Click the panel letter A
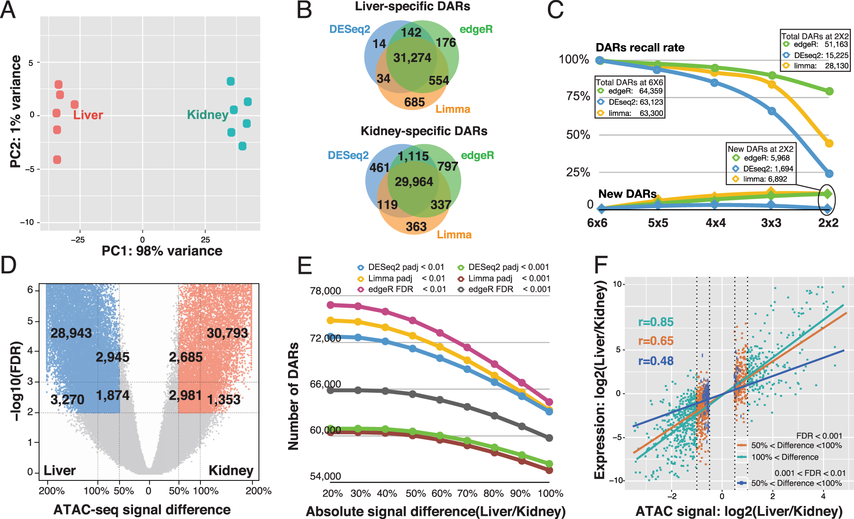[x=8, y=10]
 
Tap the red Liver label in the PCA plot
[x=88, y=115]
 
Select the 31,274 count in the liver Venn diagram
[x=412, y=58]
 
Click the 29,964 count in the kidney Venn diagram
[x=414, y=182]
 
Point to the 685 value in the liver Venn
[x=414, y=102]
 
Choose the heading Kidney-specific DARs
[x=424, y=131]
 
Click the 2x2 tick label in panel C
[x=828, y=223]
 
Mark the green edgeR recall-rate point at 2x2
[x=829, y=92]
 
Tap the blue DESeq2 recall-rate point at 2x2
[x=829, y=174]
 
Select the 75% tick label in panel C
[x=578, y=97]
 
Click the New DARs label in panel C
[x=627, y=194]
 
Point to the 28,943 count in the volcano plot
[x=71, y=333]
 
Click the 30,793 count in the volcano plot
[x=227, y=333]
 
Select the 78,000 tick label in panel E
[x=325, y=291]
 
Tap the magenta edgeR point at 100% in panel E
[x=549, y=402]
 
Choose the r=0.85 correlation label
[x=656, y=322]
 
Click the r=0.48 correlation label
[x=656, y=361]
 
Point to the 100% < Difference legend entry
[x=784, y=457]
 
